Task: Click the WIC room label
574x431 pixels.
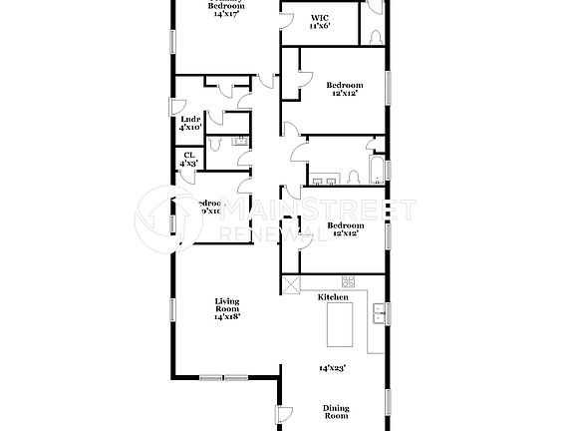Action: coord(319,18)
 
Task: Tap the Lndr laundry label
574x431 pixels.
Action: coord(189,119)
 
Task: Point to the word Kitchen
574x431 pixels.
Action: coord(332,297)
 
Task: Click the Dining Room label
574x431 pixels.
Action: coord(336,410)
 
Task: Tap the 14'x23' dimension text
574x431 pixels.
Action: coord(331,368)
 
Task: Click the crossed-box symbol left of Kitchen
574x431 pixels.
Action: coord(290,285)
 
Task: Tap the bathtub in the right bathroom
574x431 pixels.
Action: coord(377,171)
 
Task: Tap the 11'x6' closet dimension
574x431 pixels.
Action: coord(319,27)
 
